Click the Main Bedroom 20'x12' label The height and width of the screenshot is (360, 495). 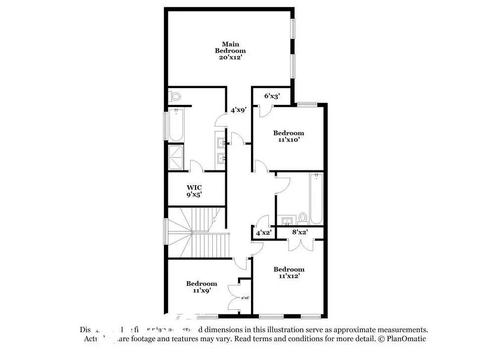[230, 51]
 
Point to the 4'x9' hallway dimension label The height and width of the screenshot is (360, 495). [238, 110]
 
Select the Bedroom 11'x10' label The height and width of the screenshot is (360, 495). [289, 136]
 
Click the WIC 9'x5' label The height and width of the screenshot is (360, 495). [194, 191]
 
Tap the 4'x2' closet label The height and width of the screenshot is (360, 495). [263, 232]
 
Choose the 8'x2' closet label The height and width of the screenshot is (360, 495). [299, 232]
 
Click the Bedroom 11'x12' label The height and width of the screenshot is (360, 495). [289, 273]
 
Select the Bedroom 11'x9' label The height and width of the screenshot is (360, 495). [201, 287]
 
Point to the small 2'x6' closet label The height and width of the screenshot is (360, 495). [245, 298]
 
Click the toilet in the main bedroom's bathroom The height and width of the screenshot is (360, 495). [175, 96]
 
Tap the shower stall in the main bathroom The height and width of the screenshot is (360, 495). [176, 157]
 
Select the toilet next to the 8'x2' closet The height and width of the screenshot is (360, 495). [303, 218]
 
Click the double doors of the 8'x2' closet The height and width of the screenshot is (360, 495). [300, 244]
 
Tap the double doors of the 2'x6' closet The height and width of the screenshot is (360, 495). [233, 298]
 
